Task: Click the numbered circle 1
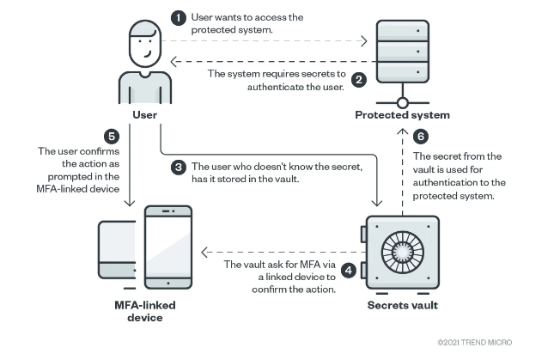coord(179,17)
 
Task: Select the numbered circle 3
coord(179,167)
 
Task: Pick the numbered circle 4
coord(349,270)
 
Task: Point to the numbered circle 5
coord(110,137)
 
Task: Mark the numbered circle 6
coord(420,137)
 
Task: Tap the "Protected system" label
coord(403,114)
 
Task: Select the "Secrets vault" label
coord(402,305)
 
